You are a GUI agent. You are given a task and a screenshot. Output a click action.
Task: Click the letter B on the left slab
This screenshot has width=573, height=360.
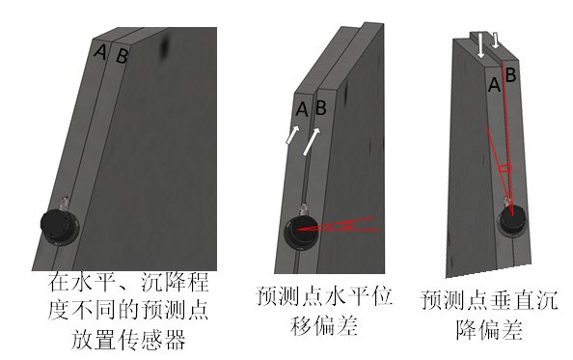tap(122, 56)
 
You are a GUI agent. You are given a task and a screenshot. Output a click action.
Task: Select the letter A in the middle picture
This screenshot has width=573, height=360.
tap(301, 110)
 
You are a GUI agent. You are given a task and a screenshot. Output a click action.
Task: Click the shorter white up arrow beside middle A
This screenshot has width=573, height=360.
tap(290, 135)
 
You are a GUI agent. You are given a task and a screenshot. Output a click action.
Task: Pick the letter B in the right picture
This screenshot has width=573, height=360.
tap(510, 73)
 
